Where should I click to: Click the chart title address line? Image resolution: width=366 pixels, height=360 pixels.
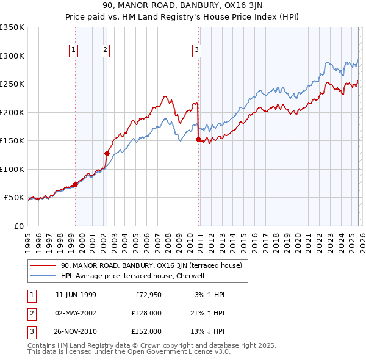tap(182, 5)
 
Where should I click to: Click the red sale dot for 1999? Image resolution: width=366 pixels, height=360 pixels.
tap(76, 184)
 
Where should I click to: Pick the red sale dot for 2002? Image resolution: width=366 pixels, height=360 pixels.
tap(107, 153)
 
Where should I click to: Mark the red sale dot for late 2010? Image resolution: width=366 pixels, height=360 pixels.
tap(198, 140)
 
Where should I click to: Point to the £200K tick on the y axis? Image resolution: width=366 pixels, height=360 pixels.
tap(12, 112)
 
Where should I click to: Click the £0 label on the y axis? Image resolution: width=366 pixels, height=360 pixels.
tap(20, 226)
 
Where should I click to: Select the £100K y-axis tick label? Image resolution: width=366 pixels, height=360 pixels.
tap(12, 169)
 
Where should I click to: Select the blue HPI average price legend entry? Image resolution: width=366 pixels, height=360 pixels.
tap(135, 276)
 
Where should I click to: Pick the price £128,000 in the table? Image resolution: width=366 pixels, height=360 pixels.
tap(145, 313)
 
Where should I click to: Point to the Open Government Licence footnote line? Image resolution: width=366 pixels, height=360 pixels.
tap(129, 352)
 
